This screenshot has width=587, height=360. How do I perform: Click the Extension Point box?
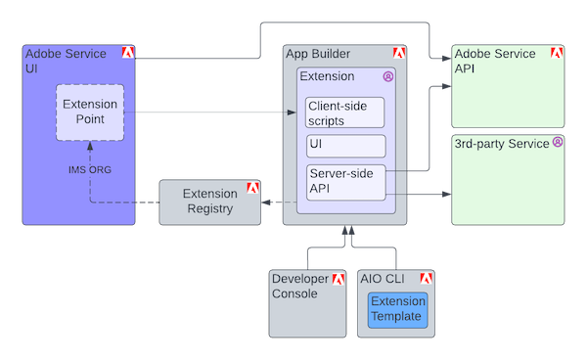point(90,112)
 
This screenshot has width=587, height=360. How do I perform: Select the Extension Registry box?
point(209,201)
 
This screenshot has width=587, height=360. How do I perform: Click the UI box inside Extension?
point(345,147)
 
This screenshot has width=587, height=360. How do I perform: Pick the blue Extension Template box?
point(398,309)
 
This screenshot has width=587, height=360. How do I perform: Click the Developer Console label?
point(301,288)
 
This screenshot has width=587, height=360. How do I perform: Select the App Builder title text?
point(318,54)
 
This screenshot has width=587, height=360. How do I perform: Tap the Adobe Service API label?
point(495,62)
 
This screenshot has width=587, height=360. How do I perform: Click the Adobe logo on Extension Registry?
point(252,187)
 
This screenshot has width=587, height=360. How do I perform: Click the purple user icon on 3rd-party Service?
point(558,142)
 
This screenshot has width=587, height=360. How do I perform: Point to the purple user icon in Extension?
point(387,75)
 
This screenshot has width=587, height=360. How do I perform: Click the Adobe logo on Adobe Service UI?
point(127,53)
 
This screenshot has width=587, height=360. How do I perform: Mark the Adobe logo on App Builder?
point(399,53)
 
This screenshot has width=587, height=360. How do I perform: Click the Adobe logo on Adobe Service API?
point(557,53)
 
